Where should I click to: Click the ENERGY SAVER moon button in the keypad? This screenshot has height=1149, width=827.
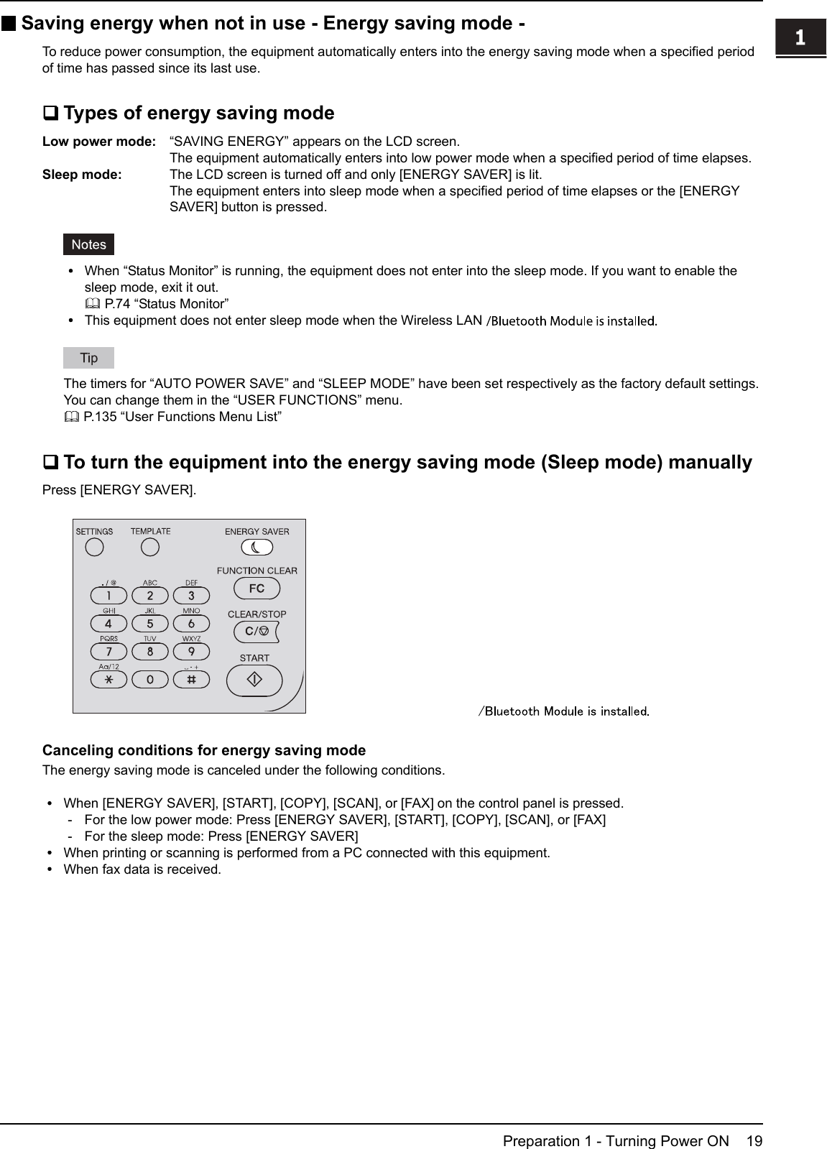pyautogui.click(x=257, y=548)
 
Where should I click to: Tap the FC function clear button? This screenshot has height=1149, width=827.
pyautogui.click(x=257, y=589)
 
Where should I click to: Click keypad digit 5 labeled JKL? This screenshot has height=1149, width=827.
pyautogui.click(x=149, y=624)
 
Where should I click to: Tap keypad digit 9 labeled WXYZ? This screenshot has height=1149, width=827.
pyautogui.click(x=191, y=652)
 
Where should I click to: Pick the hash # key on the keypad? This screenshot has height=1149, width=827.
pyautogui.click(x=191, y=679)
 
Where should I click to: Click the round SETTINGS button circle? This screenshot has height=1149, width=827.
pyautogui.click(x=94, y=548)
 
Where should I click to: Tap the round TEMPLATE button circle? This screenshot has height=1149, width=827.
pyautogui.click(x=149, y=548)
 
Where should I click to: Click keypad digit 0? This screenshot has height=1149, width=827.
pyautogui.click(x=149, y=679)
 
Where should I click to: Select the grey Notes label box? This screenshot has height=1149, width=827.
pyautogui.click(x=88, y=244)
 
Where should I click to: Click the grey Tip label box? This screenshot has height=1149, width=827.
pyautogui.click(x=88, y=357)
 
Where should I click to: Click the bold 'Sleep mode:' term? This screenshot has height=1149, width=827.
pyautogui.click(x=82, y=175)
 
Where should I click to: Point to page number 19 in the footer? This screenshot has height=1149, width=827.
pyautogui.click(x=754, y=1141)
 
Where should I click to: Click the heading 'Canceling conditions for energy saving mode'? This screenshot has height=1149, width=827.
pyautogui.click(x=204, y=750)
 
